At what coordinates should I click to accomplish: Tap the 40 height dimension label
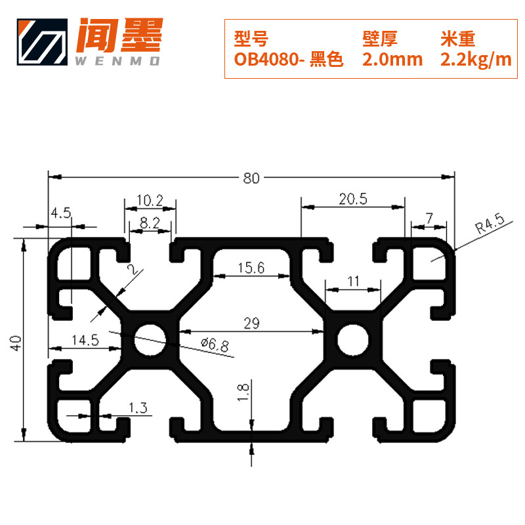17,341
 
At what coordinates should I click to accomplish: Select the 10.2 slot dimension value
150,199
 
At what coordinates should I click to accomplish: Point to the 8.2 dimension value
150,223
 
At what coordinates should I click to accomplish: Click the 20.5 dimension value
353,199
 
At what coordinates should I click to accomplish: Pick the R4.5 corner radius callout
489,227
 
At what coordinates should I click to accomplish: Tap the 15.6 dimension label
251,267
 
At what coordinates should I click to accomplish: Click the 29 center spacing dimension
252,323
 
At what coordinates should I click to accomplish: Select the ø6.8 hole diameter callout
215,344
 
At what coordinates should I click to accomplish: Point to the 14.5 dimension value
85,340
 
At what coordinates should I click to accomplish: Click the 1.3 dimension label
138,408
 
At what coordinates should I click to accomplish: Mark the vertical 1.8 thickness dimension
243,392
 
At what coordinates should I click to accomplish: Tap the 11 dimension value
354,281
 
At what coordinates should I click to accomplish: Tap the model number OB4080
266,60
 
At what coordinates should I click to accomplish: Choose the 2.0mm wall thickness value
392,60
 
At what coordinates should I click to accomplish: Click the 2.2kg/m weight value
475,60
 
